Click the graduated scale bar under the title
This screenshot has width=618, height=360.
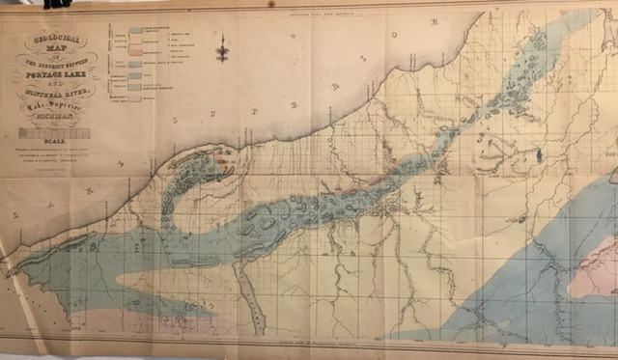click(55, 134)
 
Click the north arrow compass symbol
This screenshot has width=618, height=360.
click(222, 48)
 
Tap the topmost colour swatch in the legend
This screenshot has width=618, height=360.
click(136, 30)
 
